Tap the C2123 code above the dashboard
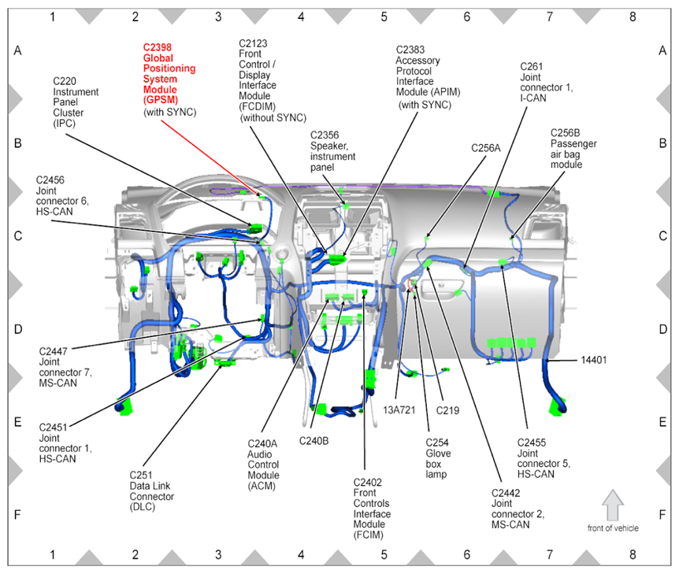coord(254,43)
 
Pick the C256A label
coord(486,147)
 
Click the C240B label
coord(314,440)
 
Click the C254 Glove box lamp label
coord(439,453)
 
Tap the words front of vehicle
coord(613,528)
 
